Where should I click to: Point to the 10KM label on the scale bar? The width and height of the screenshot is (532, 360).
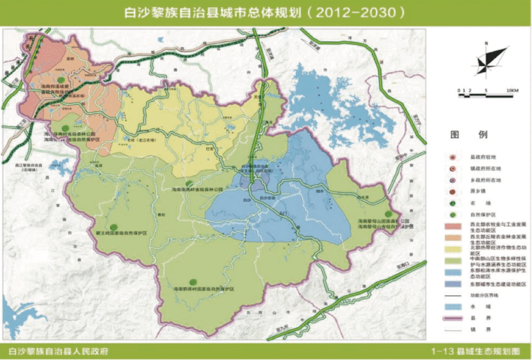pos(513,89)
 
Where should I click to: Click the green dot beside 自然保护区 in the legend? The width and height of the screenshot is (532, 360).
pos(452,214)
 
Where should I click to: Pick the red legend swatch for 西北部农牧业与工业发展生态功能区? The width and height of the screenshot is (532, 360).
pos(452,226)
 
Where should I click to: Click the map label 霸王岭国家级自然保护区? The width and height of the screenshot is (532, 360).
pos(114,233)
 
